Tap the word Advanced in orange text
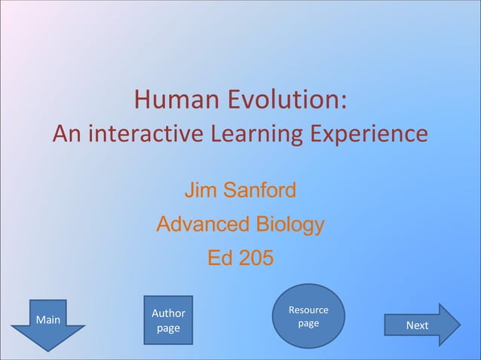click(x=201, y=224)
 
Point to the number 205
click(x=256, y=258)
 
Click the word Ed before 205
click(x=221, y=258)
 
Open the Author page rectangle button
click(x=168, y=321)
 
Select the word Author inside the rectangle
click(x=168, y=313)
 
